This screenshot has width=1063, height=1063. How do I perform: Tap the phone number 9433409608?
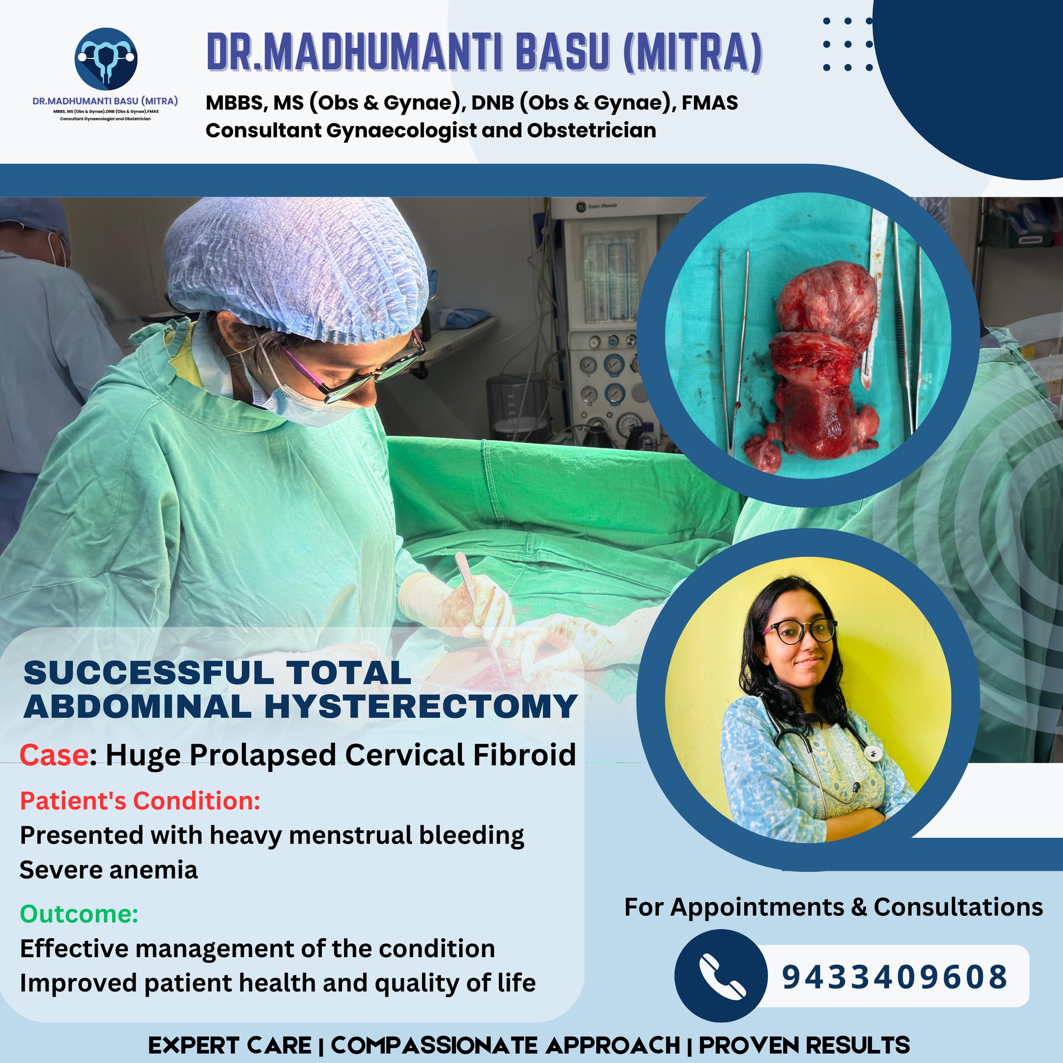[x=895, y=977]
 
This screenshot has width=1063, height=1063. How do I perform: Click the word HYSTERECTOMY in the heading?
[x=421, y=706]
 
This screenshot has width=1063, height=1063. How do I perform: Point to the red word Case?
[x=54, y=755]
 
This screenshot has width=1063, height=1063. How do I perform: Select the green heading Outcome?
[x=79, y=914]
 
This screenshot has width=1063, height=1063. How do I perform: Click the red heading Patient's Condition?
[x=140, y=801]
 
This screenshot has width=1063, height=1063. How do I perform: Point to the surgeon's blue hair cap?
[x=297, y=264]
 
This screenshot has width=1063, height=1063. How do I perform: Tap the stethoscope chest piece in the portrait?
[x=870, y=753]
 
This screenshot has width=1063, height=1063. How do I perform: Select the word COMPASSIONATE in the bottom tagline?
[x=506, y=1045]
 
